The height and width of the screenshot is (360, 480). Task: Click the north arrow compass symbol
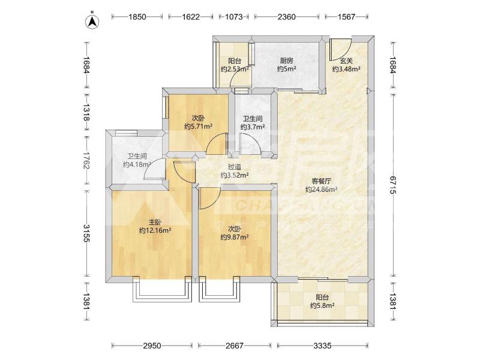(x=92, y=21)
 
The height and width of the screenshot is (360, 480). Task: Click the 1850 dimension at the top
(x=137, y=17)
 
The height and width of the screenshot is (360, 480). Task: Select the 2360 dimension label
(x=287, y=17)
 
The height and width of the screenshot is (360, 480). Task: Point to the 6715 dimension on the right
(x=393, y=184)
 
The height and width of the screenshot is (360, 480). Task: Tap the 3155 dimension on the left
(x=86, y=233)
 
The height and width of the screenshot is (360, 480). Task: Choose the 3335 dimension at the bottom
(x=322, y=346)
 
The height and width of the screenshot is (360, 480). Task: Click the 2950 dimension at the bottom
(x=152, y=346)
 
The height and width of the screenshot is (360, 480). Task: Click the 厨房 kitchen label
(x=286, y=61)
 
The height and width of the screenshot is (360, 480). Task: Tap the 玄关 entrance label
(x=346, y=61)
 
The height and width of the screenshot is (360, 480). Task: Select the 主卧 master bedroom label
(x=155, y=222)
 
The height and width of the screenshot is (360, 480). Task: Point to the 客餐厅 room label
(x=321, y=181)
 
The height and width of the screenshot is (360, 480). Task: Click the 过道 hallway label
(x=235, y=167)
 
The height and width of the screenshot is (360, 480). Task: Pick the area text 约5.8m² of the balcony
(x=322, y=305)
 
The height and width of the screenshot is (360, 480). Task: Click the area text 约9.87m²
(x=235, y=237)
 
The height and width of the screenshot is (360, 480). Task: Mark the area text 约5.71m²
(x=199, y=126)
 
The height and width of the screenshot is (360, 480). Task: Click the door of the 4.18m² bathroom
(x=155, y=169)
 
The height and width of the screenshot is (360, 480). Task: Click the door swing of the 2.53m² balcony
(x=241, y=78)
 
